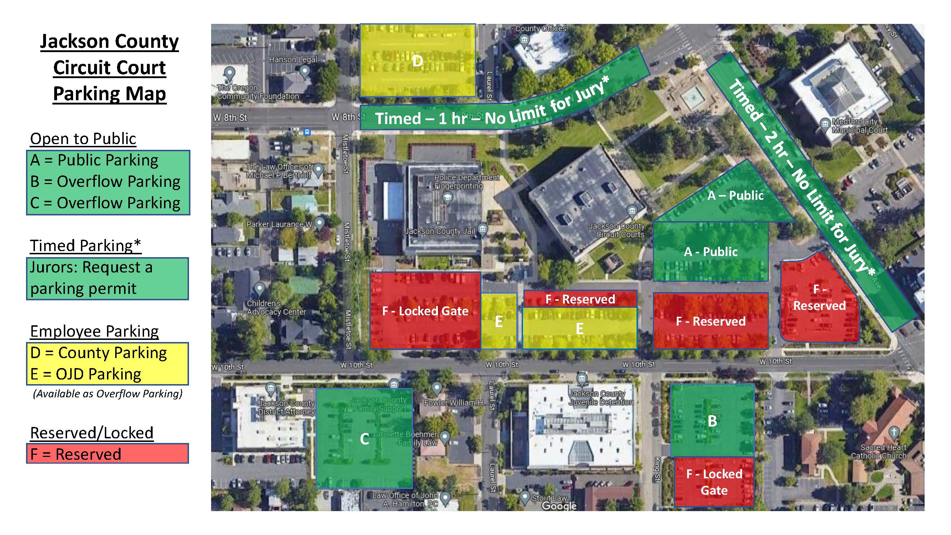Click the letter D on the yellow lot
(x=417, y=61)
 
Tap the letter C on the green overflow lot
(x=364, y=439)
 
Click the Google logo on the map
(x=559, y=506)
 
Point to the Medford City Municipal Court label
(x=859, y=126)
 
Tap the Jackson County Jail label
(x=439, y=231)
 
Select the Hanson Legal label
(x=293, y=60)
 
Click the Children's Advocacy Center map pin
(x=260, y=288)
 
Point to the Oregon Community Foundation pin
(x=230, y=73)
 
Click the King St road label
(x=657, y=469)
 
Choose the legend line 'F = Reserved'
(x=76, y=454)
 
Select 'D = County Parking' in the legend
(x=98, y=353)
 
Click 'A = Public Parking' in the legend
(x=94, y=160)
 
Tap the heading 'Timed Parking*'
(x=85, y=245)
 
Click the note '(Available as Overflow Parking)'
(x=107, y=394)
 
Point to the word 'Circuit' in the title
(x=109, y=67)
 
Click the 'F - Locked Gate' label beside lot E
(x=425, y=311)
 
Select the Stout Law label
(x=549, y=498)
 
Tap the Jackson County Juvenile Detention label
(x=600, y=398)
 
